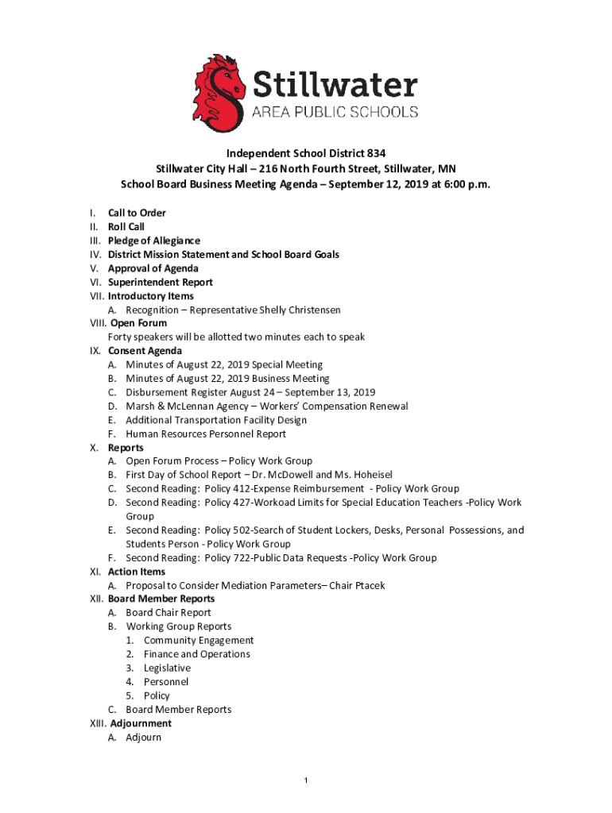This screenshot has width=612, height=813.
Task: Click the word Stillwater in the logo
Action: point(335,83)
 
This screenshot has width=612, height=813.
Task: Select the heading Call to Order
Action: point(137,213)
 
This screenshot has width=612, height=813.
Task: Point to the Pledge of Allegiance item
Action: point(154,241)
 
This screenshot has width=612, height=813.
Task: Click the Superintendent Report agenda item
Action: point(161,282)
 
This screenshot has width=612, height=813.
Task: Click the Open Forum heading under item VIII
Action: point(139,323)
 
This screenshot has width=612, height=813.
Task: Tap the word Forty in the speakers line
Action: point(122,337)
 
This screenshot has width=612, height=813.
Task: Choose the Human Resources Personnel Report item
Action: point(206,434)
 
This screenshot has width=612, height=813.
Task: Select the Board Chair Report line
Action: point(168,613)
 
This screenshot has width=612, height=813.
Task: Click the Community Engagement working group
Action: point(199,641)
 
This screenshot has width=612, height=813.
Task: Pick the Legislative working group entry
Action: point(168,669)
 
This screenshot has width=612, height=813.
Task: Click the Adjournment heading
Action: point(141,724)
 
